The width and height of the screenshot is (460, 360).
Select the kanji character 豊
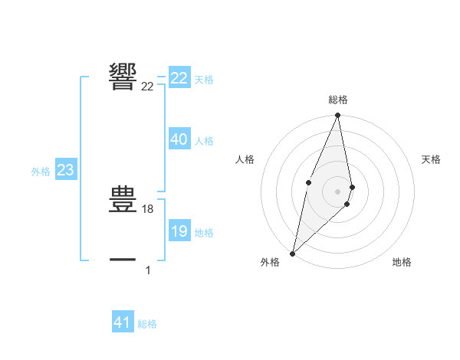coord(123,198)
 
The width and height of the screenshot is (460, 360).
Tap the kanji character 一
coord(123,260)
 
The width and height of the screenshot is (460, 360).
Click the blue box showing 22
coord(179,78)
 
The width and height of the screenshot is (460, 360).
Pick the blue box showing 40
coord(179,139)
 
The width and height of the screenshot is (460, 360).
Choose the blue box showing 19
coord(179,231)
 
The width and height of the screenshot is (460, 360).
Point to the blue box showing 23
coord(65,170)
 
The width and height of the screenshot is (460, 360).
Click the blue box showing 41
coord(123,322)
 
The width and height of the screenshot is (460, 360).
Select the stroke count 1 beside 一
coord(148,270)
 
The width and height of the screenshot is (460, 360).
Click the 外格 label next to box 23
coord(41,172)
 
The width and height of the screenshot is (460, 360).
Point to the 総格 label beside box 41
coord(147,325)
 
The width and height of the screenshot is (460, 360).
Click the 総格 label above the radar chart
coord(337,100)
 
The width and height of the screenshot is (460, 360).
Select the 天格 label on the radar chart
coord(431,159)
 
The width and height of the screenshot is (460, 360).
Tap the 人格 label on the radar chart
coord(245,159)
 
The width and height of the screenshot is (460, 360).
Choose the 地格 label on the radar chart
coord(402,263)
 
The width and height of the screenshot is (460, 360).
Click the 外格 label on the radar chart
coord(270,263)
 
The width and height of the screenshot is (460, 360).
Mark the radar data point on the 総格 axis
coord(337,116)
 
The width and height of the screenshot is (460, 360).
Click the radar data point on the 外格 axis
coord(292,253)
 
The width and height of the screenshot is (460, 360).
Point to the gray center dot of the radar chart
coord(337,191)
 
